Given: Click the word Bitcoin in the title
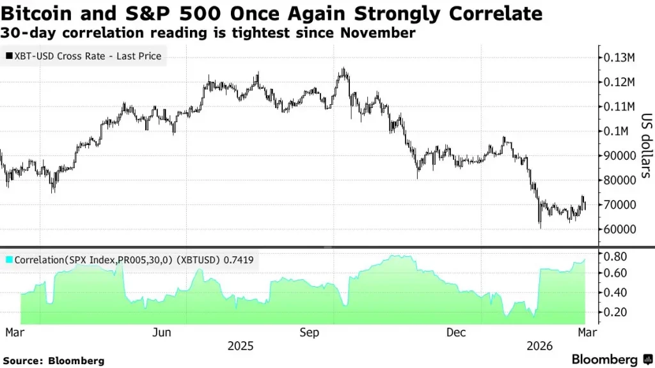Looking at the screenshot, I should [x=40, y=13].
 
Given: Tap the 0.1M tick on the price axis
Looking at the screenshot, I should [x=618, y=131].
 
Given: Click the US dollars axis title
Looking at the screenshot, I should [x=645, y=146].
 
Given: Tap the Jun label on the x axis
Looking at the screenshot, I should [x=162, y=333].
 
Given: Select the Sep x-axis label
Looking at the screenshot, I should [x=310, y=333].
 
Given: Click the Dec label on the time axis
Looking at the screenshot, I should [x=456, y=333].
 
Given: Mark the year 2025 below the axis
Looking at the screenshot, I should [x=241, y=346].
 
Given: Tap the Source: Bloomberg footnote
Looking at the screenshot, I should [x=52, y=361].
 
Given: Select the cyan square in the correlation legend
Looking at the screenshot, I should [x=8, y=260].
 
